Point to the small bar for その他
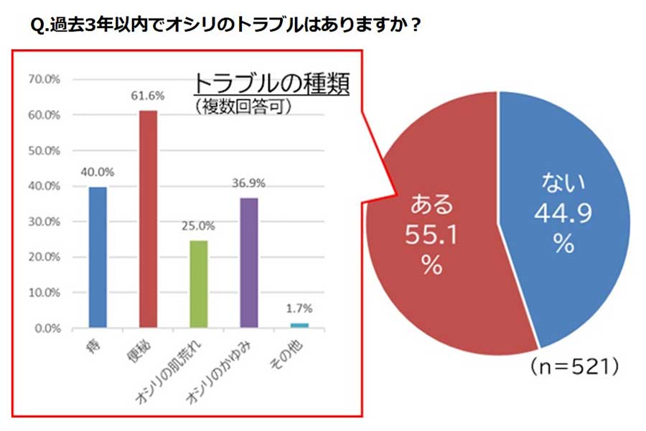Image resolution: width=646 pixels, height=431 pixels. click(299, 325)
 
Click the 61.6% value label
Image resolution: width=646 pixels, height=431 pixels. click(148, 96)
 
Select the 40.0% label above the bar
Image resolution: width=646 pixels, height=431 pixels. click(98, 172)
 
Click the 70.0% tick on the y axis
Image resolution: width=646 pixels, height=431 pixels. click(44, 80)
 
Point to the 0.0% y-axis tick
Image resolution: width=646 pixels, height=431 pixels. click(46, 329)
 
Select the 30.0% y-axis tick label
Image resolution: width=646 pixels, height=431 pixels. click(44, 222)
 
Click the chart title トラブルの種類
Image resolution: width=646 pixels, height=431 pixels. click(271, 84)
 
